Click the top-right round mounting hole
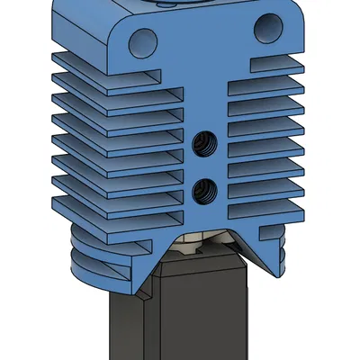[x=266, y=30]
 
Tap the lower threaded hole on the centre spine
[x=205, y=188]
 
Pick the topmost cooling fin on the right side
[x=270, y=65]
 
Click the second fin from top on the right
[x=270, y=86]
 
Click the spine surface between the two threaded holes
[x=205, y=164]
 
